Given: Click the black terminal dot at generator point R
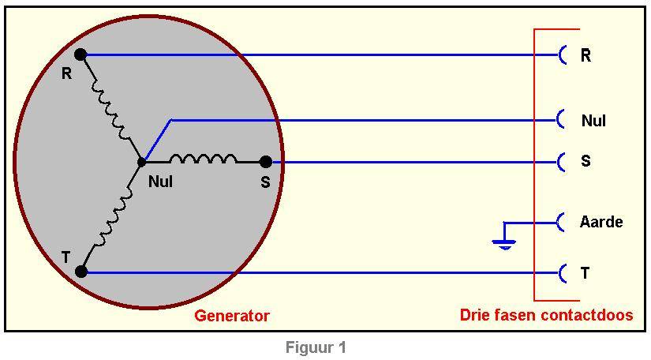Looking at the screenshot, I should pyautogui.click(x=80, y=54).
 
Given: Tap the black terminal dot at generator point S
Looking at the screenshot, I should pyautogui.click(x=266, y=162).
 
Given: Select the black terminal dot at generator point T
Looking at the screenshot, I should pyautogui.click(x=80, y=272).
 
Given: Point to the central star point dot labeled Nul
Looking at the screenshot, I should pyautogui.click(x=141, y=163).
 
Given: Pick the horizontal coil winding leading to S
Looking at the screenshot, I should pyautogui.click(x=203, y=159).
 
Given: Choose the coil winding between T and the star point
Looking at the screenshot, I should pyautogui.click(x=111, y=217).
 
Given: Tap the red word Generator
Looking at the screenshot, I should pyautogui.click(x=232, y=316).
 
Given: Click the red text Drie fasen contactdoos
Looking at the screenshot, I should pyautogui.click(x=546, y=315).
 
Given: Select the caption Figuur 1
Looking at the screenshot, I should pyautogui.click(x=316, y=347).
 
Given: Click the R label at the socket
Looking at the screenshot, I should pyautogui.click(x=586, y=56).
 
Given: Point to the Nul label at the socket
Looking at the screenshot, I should pyautogui.click(x=593, y=121).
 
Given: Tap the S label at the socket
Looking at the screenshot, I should pyautogui.click(x=586, y=161).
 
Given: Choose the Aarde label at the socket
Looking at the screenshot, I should pyautogui.click(x=601, y=222).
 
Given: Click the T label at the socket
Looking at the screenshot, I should pyautogui.click(x=585, y=273).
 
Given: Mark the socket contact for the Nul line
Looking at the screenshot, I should pyautogui.click(x=562, y=120).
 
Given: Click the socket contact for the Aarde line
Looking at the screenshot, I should pyautogui.click(x=562, y=223).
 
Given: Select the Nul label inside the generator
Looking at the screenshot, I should pyautogui.click(x=160, y=182).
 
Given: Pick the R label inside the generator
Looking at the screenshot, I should pyautogui.click(x=66, y=74).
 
